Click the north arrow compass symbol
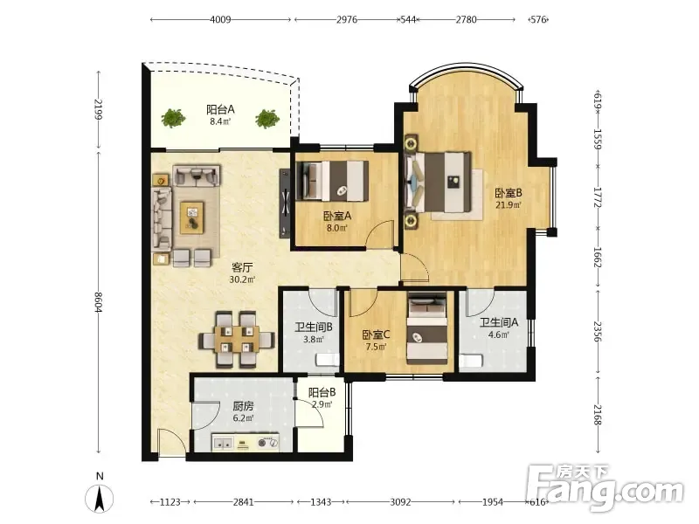pyautogui.click(x=100, y=498)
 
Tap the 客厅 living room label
pyautogui.click(x=242, y=267)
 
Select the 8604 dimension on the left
pyautogui.click(x=98, y=302)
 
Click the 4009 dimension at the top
pyautogui.click(x=221, y=19)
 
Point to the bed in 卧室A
pyautogui.click(x=333, y=180)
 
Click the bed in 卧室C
pyautogui.click(x=427, y=329)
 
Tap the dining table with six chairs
pyautogui.click(x=237, y=340)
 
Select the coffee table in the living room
pyautogui.click(x=192, y=217)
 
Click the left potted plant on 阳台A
pyautogui.click(x=173, y=118)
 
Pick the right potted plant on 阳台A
pyautogui.click(x=267, y=119)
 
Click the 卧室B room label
pyautogui.click(x=509, y=193)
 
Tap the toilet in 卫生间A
pyautogui.click(x=471, y=361)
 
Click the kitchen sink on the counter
pyautogui.click(x=223, y=444)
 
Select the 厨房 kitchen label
pyautogui.click(x=244, y=406)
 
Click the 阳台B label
pyautogui.click(x=322, y=392)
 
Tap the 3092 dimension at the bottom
pyautogui.click(x=400, y=502)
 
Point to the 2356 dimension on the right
pyautogui.click(x=598, y=332)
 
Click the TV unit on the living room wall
pyautogui.click(x=285, y=203)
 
